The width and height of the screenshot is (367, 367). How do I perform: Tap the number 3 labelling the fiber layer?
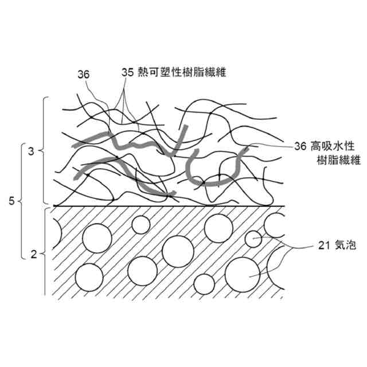(32, 151)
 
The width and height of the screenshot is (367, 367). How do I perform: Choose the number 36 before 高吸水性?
(300, 146)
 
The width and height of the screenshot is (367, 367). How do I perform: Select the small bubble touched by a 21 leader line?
(252, 239)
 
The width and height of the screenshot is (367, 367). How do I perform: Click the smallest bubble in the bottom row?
(204, 283)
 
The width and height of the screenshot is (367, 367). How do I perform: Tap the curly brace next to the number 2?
(44, 252)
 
